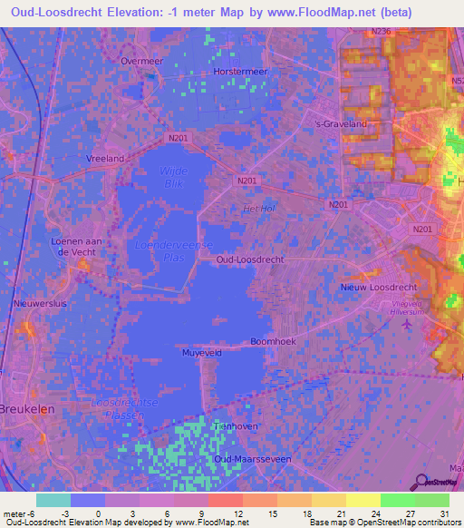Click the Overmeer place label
coord(140,61)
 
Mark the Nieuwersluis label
coord(37,305)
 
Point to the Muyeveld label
coord(203,352)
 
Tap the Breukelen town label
coord(28,408)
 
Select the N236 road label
coord(382,33)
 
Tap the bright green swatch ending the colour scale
coord(431,500)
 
